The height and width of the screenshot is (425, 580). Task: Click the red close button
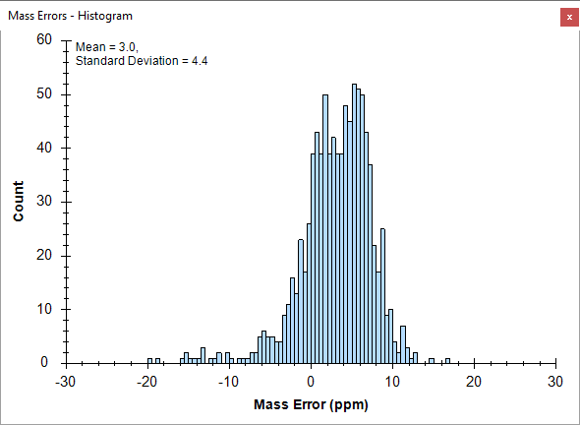[569, 17]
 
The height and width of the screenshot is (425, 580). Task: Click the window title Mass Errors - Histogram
[70, 16]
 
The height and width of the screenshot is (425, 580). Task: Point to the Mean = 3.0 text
[107, 47]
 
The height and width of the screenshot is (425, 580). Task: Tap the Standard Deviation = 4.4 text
[142, 61]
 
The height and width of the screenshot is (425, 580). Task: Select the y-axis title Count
[18, 201]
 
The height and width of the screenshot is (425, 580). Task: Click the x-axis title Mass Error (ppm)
[311, 404]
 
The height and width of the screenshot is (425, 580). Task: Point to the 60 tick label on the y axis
[44, 39]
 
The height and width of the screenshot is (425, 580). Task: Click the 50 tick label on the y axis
[44, 93]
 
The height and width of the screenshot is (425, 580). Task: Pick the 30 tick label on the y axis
[44, 201]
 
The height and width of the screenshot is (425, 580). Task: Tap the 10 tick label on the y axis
[44, 309]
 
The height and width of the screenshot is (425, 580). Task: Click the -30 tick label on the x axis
[66, 382]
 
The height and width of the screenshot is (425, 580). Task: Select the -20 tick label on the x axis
[146, 382]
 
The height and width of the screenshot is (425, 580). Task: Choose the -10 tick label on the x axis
[228, 382]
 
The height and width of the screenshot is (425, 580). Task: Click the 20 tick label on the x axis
[474, 382]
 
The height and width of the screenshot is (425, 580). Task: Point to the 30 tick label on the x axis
[555, 382]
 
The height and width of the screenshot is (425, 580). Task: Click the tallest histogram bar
[354, 223]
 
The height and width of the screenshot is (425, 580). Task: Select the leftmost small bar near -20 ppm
[149, 361]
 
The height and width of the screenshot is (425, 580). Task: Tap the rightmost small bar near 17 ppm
[447, 361]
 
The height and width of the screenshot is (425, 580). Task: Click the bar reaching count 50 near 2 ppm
[325, 229]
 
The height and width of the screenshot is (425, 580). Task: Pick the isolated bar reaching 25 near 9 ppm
[382, 296]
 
